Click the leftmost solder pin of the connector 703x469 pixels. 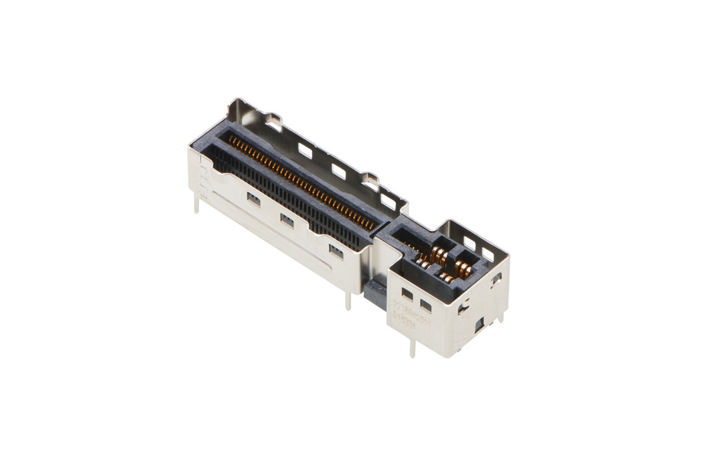coord(197,205)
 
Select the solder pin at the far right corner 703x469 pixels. coord(500,317)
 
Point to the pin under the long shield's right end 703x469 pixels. coord(348,301)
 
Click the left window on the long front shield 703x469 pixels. coord(254,199)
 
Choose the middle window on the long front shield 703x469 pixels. coord(287,220)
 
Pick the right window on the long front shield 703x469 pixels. coord(336,251)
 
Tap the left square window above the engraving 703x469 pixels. coord(407,294)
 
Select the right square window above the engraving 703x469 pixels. coord(426,305)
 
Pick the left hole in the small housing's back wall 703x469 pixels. coord(470,243)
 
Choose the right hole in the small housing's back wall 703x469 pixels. coord(488,254)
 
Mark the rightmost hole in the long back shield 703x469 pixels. coord(388,202)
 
